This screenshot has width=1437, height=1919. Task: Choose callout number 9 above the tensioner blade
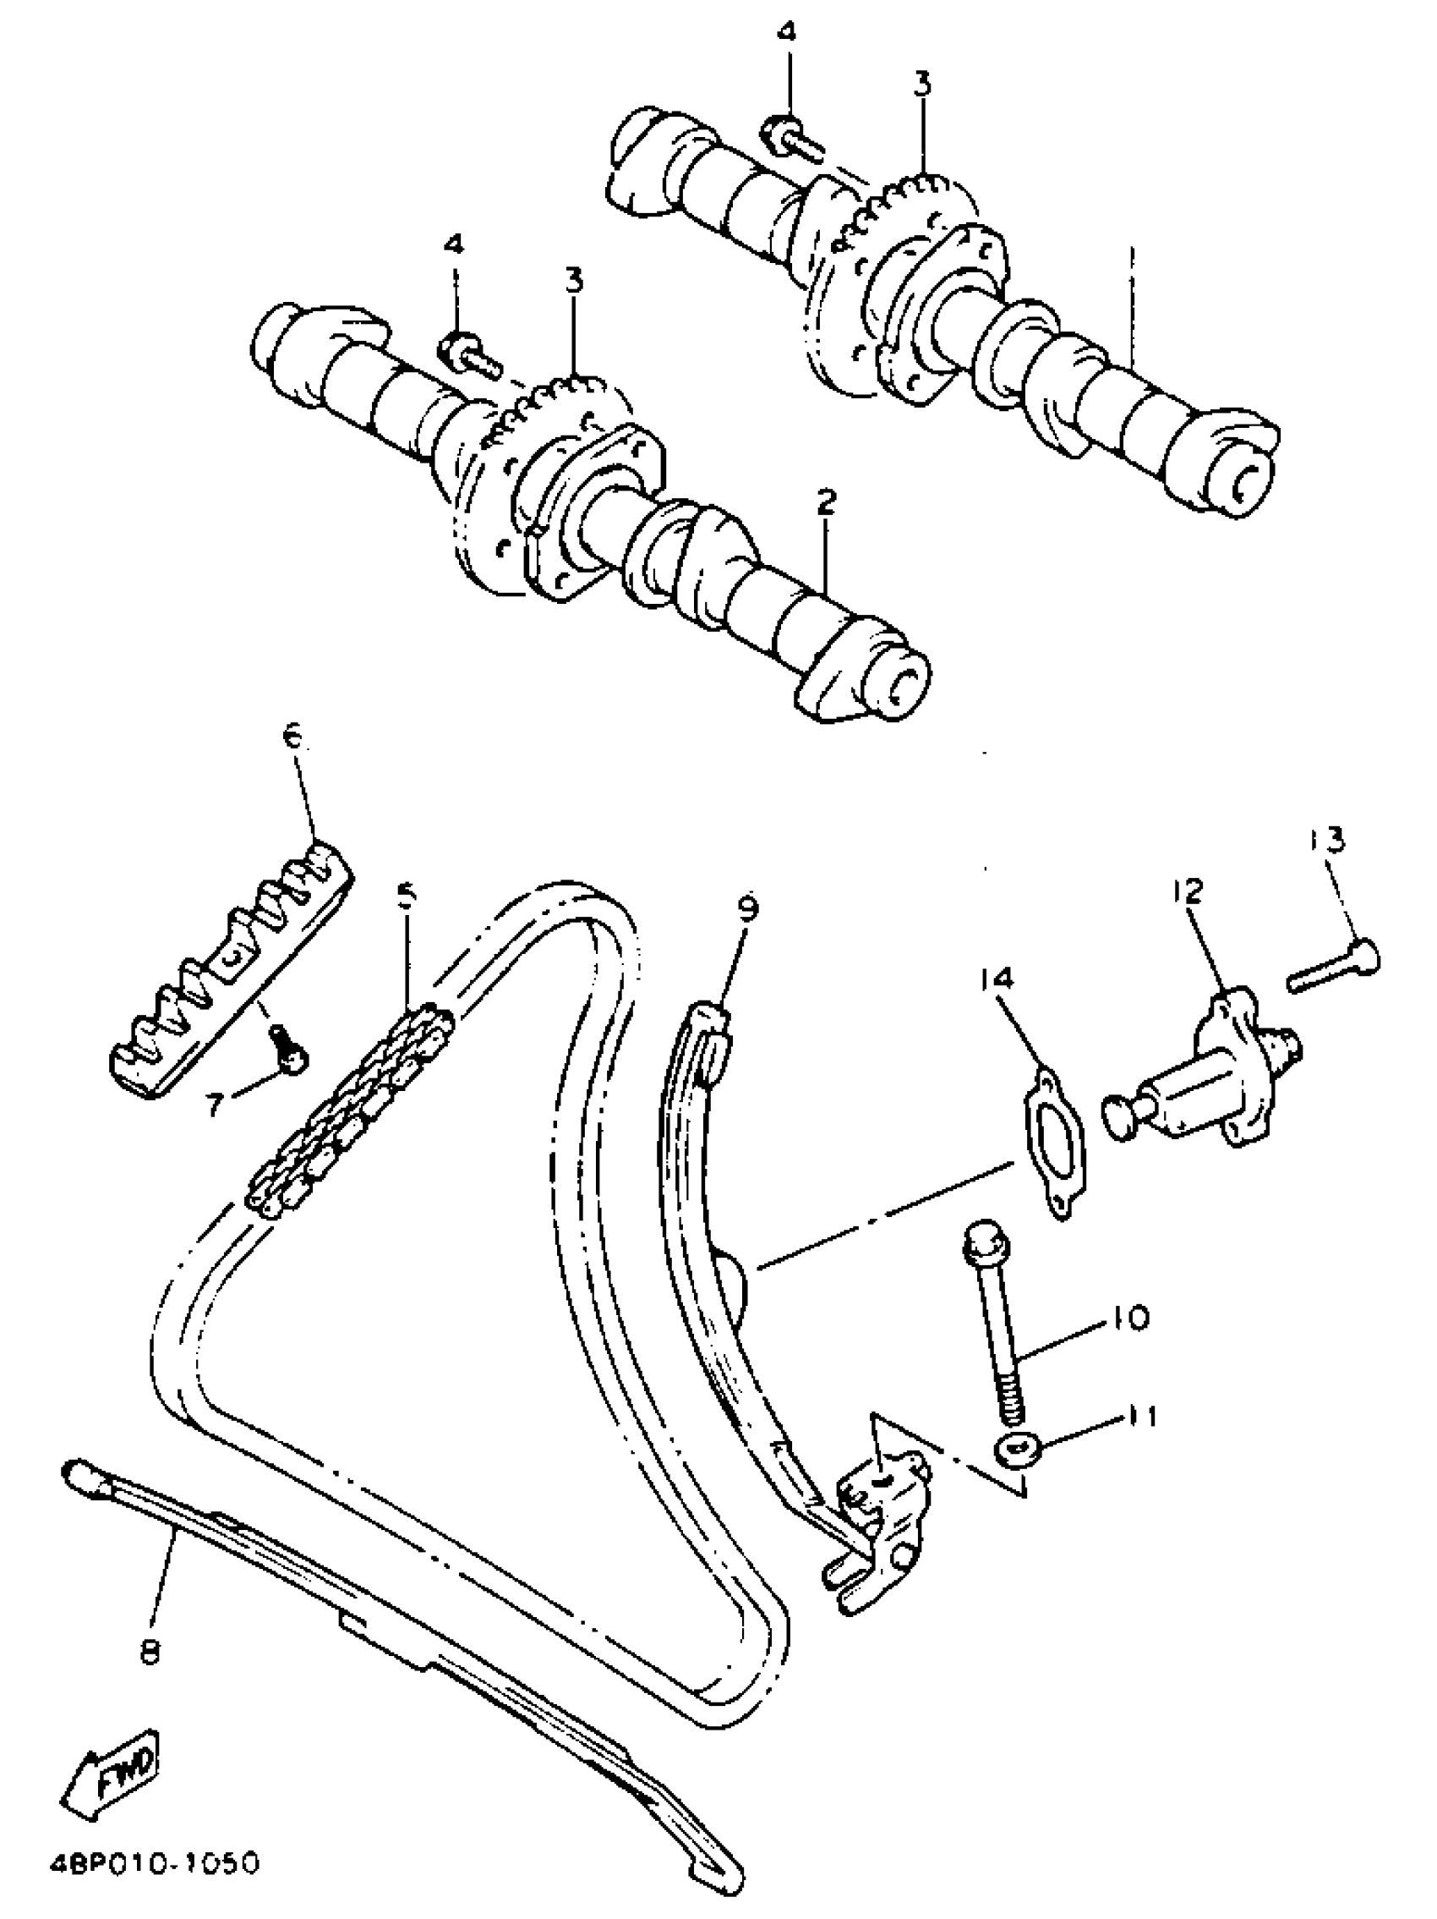(747, 908)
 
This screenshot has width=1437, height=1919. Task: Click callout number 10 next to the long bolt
(1128, 1341)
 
